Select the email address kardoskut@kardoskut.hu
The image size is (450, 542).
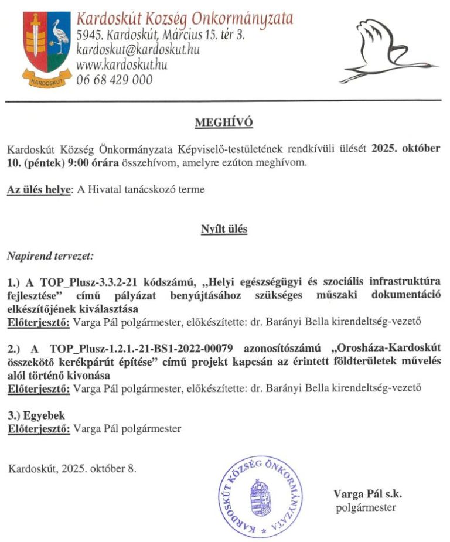(138, 50)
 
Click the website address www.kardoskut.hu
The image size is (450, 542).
(122, 65)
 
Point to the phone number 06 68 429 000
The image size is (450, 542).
(115, 80)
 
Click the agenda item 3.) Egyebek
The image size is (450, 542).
(36, 415)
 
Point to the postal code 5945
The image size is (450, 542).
(89, 36)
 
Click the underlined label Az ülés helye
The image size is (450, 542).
(38, 190)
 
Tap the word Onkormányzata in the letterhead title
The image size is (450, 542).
(249, 18)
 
